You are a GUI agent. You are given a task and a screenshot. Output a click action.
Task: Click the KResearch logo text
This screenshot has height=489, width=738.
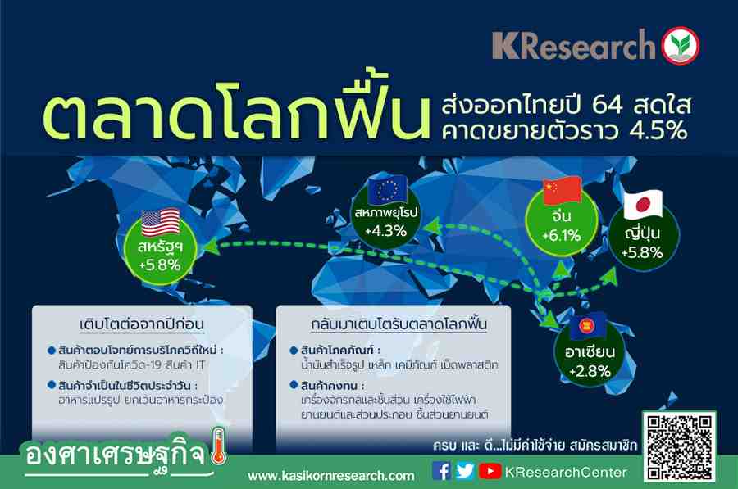(x=574, y=46)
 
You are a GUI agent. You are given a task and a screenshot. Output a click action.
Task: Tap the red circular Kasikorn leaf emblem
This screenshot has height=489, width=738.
(x=681, y=46)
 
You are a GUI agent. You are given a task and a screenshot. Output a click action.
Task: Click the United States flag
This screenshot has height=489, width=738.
(x=161, y=222)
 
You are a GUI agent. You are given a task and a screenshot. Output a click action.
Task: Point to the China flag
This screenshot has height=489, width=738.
(x=563, y=190)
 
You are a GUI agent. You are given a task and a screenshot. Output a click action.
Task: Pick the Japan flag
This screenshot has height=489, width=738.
(x=643, y=205)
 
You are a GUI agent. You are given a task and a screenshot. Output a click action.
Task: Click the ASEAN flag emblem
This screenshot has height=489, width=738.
(x=588, y=325)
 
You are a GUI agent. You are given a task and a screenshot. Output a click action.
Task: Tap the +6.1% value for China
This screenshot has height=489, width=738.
(x=562, y=235)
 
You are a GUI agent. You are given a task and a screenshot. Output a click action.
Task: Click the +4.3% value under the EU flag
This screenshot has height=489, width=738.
(x=385, y=230)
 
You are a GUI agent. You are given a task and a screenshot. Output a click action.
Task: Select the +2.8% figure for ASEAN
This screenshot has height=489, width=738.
(x=590, y=371)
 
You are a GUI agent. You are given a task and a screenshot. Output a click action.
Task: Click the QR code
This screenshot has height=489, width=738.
(x=679, y=447)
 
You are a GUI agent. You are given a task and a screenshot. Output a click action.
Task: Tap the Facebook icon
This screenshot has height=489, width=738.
(x=441, y=471)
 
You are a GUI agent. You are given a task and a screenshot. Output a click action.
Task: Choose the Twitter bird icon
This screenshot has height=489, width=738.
(x=465, y=471)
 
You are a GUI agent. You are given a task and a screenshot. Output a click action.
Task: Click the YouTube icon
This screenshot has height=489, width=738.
(x=490, y=471)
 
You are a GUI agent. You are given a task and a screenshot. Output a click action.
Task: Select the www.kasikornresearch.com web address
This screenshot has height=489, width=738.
(x=331, y=476)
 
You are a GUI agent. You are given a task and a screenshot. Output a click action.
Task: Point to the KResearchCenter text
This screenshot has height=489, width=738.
(x=566, y=472)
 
